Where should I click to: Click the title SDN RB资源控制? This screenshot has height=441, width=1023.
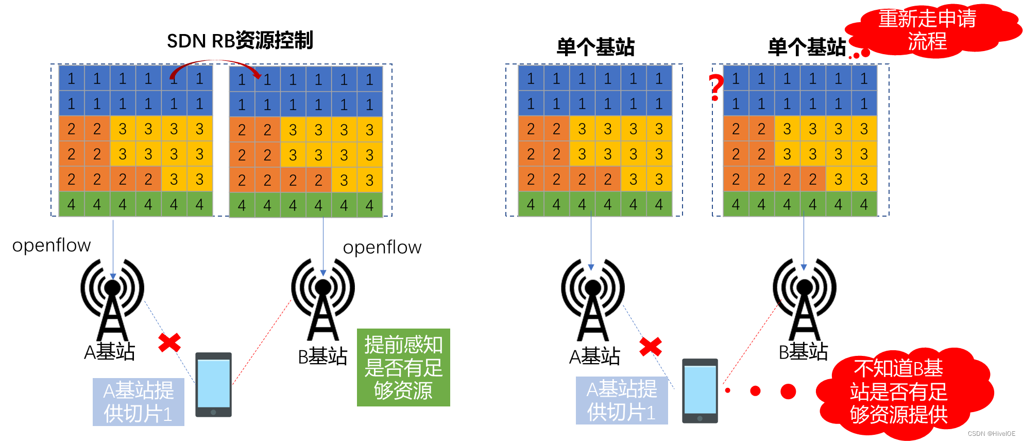240,40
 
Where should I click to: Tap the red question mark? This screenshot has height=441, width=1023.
716,87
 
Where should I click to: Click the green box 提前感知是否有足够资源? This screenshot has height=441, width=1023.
403,367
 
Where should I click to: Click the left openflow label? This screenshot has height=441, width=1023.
52,245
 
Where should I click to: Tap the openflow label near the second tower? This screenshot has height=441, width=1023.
382,247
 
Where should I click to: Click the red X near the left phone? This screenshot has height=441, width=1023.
169,342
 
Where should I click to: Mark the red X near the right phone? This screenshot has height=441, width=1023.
651,347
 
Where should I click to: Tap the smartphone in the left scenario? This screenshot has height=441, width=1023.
213,384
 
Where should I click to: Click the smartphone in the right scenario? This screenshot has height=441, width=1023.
700,390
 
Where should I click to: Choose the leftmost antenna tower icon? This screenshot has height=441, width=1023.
112,299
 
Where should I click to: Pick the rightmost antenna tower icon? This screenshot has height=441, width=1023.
804,299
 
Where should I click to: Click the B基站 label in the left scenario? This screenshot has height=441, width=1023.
323,356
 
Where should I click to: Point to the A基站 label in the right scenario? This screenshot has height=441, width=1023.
594,356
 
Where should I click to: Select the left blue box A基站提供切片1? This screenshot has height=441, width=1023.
138,402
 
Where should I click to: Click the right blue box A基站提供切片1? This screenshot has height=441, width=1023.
622,400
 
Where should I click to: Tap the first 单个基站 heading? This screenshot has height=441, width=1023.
595,47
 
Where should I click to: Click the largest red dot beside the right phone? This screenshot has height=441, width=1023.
788,391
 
